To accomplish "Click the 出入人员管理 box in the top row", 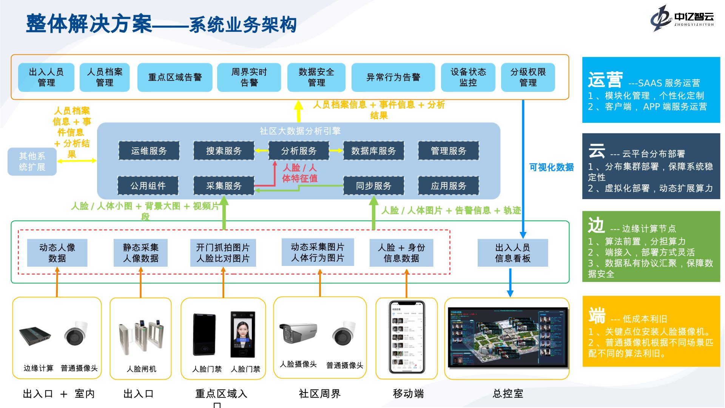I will tap(46, 77).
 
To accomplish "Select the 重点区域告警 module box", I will tap(175, 77).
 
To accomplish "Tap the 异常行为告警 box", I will tap(393, 77).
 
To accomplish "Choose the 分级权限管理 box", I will tap(528, 77).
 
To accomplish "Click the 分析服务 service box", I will tap(299, 151).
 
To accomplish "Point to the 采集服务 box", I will tap(224, 185).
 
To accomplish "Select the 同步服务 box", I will tap(373, 185).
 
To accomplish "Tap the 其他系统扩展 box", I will tap(32, 161).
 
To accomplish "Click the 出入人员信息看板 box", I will tap(512, 253).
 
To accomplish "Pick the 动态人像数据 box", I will tap(57, 253).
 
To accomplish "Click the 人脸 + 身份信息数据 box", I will tap(401, 253).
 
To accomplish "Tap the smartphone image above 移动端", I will tap(407, 337).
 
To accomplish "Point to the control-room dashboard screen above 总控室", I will tap(507, 337).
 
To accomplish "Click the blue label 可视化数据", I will tap(551, 167).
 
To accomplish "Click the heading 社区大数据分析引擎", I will tap(300, 131).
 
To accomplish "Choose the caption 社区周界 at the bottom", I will tap(319, 394).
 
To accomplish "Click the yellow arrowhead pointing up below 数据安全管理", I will tap(298, 105).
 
